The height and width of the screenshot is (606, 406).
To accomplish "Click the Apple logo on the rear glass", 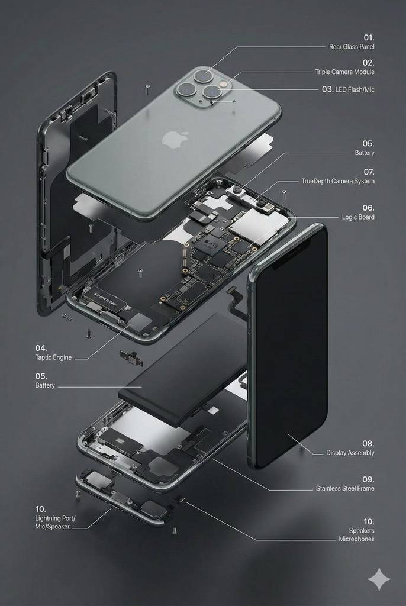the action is tap(175, 139).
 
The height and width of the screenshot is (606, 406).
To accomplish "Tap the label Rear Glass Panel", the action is tap(352, 47).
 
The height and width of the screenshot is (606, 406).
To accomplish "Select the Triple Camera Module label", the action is tap(344, 72).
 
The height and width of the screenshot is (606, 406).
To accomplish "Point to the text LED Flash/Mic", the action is tap(355, 89).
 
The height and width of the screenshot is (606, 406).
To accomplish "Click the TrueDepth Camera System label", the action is tap(338, 181).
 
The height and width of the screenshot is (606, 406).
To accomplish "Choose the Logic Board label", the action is tap(357, 217).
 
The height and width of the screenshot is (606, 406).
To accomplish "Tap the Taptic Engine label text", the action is tap(53, 357).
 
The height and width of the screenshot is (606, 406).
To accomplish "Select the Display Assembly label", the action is tap(350, 453).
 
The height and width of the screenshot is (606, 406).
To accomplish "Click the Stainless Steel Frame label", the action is tap(345, 488).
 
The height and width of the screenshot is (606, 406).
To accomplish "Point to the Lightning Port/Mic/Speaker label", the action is tap(55, 522).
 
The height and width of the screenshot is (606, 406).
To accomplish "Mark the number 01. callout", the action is tap(369, 37).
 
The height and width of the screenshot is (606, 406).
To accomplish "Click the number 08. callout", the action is tap(368, 443).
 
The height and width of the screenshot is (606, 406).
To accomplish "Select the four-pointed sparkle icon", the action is tap(379, 579).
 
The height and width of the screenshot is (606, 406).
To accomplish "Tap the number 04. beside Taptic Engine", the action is tap(41, 348).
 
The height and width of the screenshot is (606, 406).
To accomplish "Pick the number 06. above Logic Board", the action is tap(368, 208).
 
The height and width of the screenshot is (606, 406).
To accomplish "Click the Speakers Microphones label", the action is tap(356, 535).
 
